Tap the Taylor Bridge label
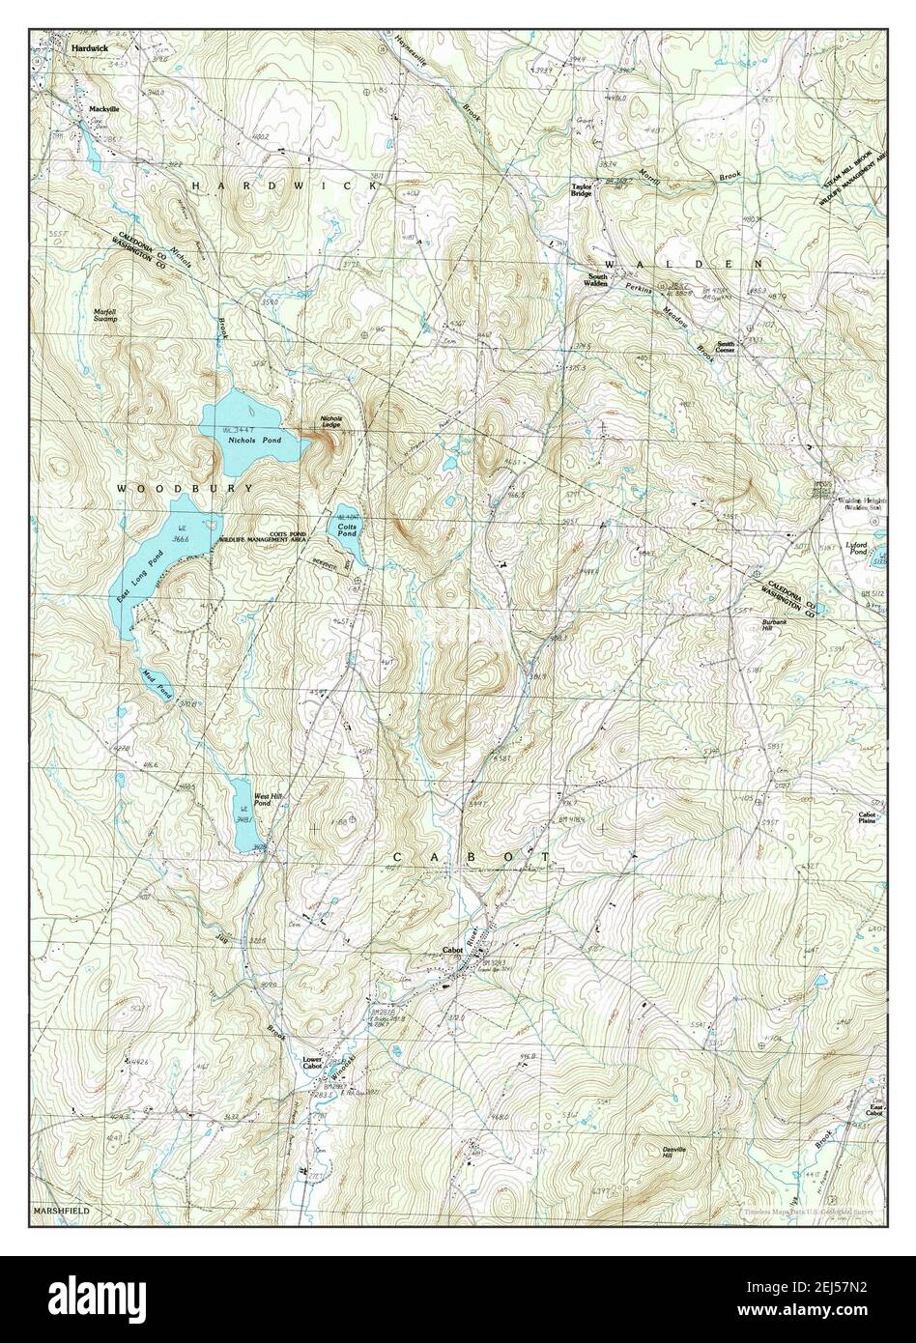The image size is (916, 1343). coord(581,190)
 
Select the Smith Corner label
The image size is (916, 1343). coord(727,346)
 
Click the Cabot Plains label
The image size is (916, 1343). coord(867,817)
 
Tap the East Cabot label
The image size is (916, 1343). coord(873,1110)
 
